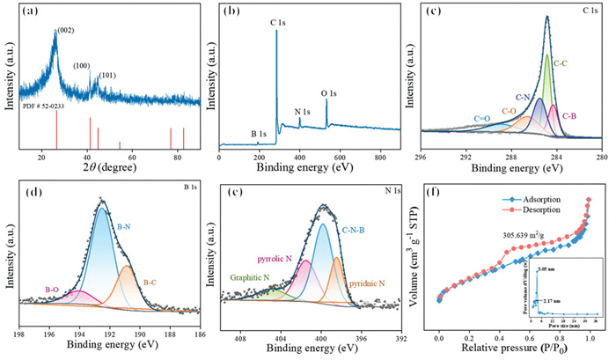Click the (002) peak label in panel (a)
pos(67,31)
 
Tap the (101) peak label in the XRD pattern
pos(107,75)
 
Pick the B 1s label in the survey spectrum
pos(259,133)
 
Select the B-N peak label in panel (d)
pos(126,225)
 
